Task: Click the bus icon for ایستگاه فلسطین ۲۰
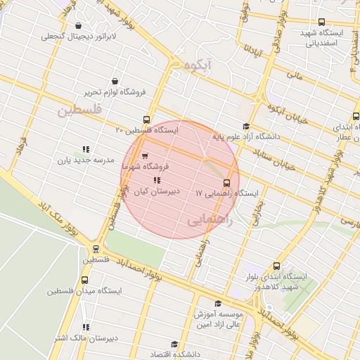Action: pos(146,120)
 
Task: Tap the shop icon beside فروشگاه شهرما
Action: pos(145,156)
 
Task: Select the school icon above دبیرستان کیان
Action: pos(156,181)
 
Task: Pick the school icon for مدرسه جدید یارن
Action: pos(86,149)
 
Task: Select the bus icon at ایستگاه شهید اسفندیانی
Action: pos(322,22)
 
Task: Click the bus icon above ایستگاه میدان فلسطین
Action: pos(96,248)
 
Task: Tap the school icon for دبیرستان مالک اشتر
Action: pos(86,328)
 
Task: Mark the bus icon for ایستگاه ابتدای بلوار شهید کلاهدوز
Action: pos(276,266)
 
